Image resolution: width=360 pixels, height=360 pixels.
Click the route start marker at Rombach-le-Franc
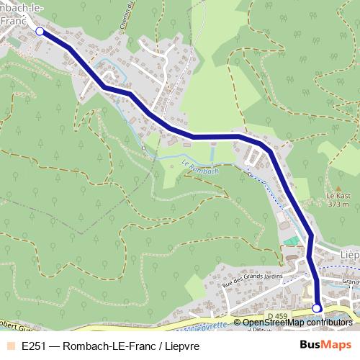click(x=40, y=32)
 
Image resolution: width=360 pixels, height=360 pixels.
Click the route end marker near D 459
click(x=316, y=308)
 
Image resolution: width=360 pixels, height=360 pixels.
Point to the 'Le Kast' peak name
click(x=338, y=195)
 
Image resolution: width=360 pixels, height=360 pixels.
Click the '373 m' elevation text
click(x=338, y=204)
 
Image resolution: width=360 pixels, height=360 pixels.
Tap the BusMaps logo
click(x=325, y=345)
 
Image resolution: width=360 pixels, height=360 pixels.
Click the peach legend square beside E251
click(x=10, y=346)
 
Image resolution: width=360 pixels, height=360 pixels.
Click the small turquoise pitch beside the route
click(x=289, y=240)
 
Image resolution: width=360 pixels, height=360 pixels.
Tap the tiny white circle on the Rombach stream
click(x=143, y=148)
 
